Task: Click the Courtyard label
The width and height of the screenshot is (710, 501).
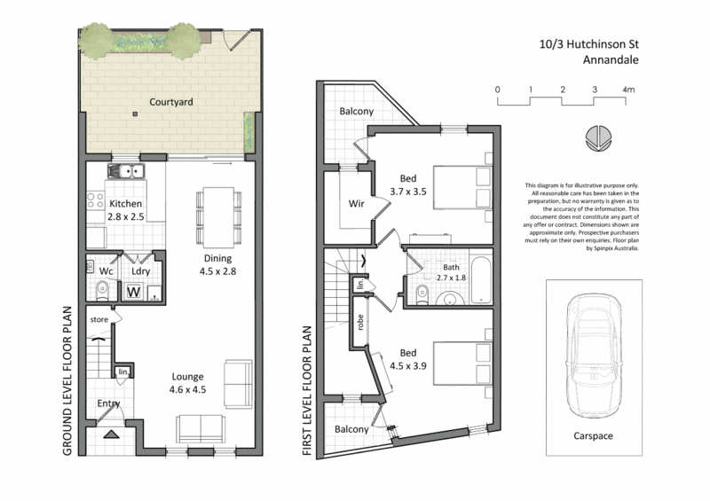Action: [x=171, y=102]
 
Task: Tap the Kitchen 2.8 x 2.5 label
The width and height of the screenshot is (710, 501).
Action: [x=125, y=209]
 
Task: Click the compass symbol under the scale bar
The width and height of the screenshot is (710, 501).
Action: [x=596, y=136]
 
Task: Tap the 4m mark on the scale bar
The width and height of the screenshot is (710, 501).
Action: [x=628, y=90]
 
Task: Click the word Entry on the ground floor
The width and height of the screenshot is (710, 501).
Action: [x=109, y=403]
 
